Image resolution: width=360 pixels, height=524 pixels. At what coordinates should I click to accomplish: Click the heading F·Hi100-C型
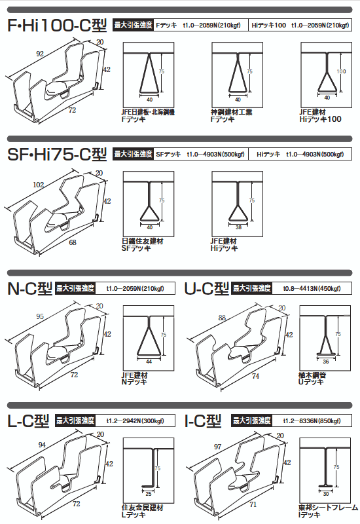58,27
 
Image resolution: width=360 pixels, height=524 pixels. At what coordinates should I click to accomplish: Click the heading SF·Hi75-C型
57,155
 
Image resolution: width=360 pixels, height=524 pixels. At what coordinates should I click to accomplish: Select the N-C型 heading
29,288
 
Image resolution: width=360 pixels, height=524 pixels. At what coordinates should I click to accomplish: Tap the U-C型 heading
207,288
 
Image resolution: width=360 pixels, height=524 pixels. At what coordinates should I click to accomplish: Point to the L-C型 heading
29,421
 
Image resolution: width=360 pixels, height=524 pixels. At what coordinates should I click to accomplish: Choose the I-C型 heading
205,421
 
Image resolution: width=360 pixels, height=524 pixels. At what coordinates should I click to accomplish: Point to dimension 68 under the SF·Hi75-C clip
72,242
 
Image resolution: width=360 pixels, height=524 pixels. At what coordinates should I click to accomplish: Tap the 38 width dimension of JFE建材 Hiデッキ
238,227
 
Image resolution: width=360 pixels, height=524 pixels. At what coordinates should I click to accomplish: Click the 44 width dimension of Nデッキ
149,362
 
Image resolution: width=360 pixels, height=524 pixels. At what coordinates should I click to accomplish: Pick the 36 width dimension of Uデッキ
325,362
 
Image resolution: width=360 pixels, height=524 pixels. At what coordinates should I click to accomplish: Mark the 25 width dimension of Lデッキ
149,493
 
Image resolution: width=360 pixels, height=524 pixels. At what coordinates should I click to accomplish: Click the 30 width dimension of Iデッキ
325,493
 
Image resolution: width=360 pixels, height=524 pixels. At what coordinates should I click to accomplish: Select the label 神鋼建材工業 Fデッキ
232,116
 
